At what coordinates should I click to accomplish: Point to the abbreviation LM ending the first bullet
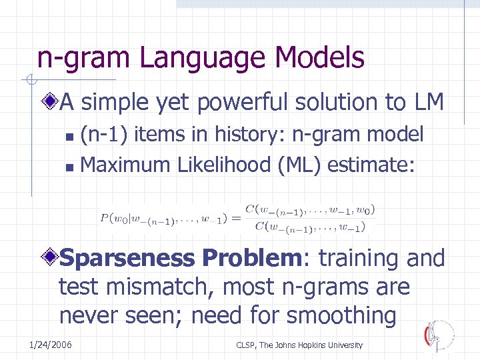point(427,103)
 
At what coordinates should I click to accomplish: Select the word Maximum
point(125,164)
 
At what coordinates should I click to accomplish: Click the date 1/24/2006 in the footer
point(51,345)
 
